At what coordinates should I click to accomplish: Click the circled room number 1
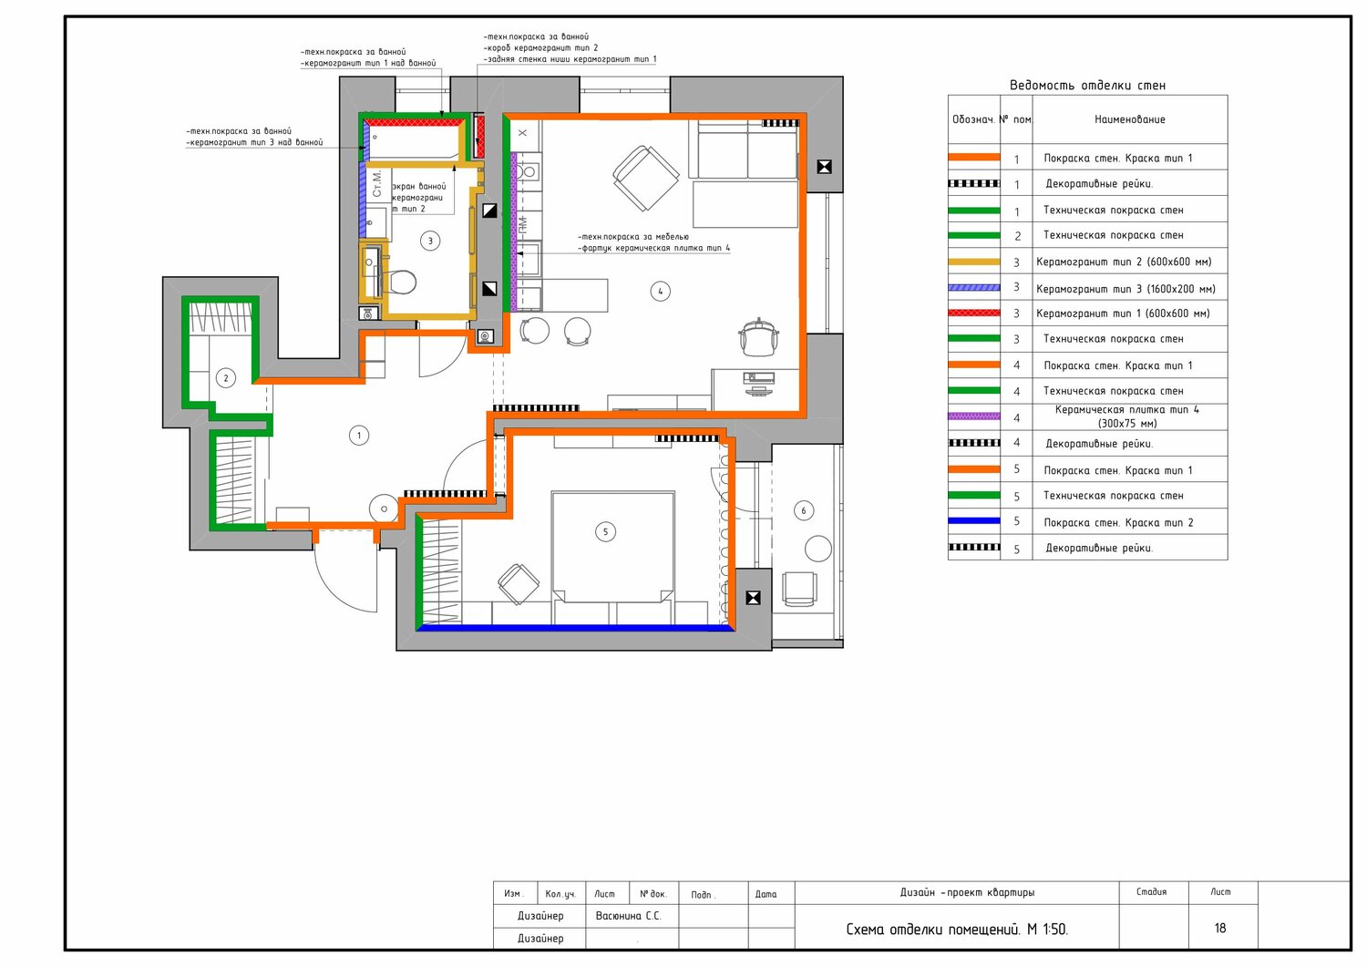pyautogui.click(x=359, y=436)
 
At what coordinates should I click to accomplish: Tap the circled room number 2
pyautogui.click(x=226, y=378)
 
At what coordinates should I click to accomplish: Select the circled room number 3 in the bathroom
pyautogui.click(x=430, y=241)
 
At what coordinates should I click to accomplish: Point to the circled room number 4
pyautogui.click(x=661, y=291)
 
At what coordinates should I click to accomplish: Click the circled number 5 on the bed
pyautogui.click(x=605, y=532)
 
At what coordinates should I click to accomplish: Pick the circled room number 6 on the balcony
pyautogui.click(x=804, y=510)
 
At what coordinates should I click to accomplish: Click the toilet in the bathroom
pyautogui.click(x=400, y=283)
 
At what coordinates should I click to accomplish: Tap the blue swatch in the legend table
pyautogui.click(x=974, y=521)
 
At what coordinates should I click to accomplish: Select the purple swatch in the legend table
pyautogui.click(x=974, y=416)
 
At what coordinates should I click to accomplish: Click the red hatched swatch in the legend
pyautogui.click(x=974, y=313)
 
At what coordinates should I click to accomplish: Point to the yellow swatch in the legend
pyautogui.click(x=974, y=262)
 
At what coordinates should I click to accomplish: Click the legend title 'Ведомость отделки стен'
pyautogui.click(x=1087, y=86)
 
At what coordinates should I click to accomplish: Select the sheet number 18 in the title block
pyautogui.click(x=1220, y=928)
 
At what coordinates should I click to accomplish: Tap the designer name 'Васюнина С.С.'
pyautogui.click(x=628, y=916)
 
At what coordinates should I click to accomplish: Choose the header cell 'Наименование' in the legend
pyautogui.click(x=1130, y=119)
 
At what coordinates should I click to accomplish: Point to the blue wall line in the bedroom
pyautogui.click(x=576, y=627)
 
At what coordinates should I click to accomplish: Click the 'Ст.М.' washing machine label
pyautogui.click(x=376, y=183)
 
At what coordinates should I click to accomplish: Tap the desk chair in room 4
pyautogui.click(x=758, y=336)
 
